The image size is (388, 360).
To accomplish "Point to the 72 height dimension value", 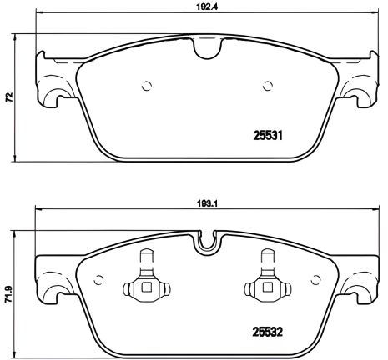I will (8, 97).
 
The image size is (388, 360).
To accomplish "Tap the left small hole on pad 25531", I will (146, 85).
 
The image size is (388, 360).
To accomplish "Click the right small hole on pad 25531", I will (267, 85).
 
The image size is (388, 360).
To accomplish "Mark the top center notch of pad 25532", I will (205, 242).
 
